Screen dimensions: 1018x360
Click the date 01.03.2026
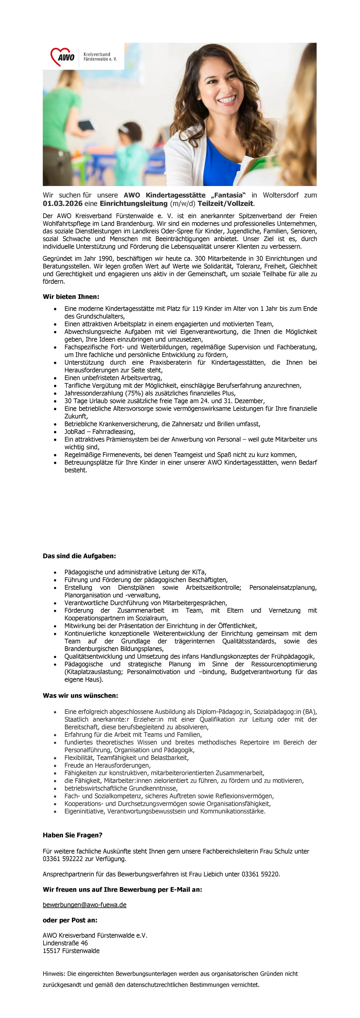[62, 203]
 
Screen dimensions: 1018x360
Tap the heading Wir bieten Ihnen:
[71, 296]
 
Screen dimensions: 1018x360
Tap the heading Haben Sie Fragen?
[73, 835]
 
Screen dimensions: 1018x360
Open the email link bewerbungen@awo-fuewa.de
[85, 905]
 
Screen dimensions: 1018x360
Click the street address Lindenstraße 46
[65, 943]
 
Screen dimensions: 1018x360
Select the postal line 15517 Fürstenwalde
[71, 950]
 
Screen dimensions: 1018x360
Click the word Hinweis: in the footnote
[54, 973]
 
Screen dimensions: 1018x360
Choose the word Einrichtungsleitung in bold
[133, 203]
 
